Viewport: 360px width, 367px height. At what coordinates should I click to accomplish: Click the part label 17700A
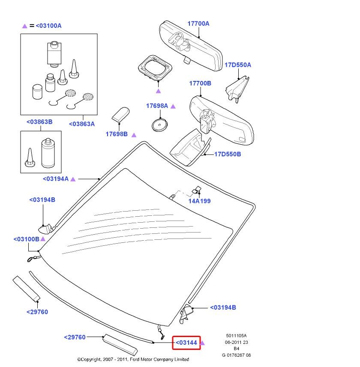click(x=198, y=24)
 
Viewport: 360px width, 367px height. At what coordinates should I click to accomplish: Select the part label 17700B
click(x=200, y=83)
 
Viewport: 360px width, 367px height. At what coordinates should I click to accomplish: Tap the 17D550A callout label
click(x=238, y=65)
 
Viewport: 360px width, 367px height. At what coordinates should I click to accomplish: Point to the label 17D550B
click(x=228, y=154)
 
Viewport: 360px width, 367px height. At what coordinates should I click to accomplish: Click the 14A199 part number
click(x=199, y=201)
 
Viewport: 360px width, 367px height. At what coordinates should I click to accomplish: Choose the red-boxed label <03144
click(x=186, y=343)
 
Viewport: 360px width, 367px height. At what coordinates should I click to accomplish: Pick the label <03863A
click(x=82, y=124)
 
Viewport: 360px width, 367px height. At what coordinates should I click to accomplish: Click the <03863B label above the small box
click(x=39, y=122)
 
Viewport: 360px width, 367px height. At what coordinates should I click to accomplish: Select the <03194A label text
click(x=56, y=179)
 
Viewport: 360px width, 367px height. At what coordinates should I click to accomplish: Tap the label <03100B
click(x=26, y=239)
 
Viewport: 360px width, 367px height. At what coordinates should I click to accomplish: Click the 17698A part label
click(x=158, y=106)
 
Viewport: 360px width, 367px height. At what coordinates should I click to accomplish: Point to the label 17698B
click(x=117, y=134)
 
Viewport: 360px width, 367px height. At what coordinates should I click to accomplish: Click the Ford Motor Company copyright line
click(x=133, y=359)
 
